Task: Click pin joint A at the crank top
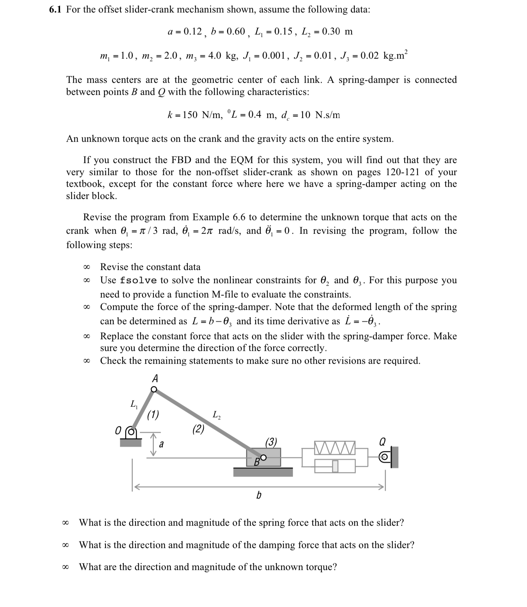(154, 389)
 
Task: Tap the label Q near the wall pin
(382, 442)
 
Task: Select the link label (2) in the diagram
(198, 429)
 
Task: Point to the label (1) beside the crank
(153, 415)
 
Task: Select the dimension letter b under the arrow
(259, 495)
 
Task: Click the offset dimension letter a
(161, 444)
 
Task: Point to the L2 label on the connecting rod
(216, 415)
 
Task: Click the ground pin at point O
(131, 433)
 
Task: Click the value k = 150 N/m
(194, 115)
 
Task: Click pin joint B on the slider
(263, 458)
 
